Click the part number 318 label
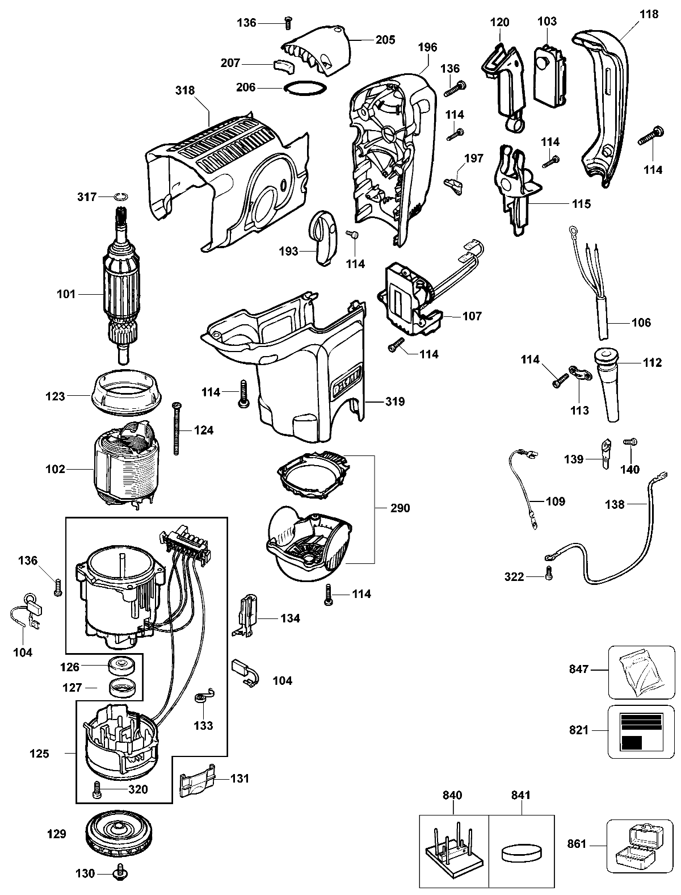click(185, 90)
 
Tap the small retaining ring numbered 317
click(120, 196)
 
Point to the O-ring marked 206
click(305, 88)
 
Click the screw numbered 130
click(120, 873)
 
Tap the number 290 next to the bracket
click(400, 508)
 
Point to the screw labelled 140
click(629, 457)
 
